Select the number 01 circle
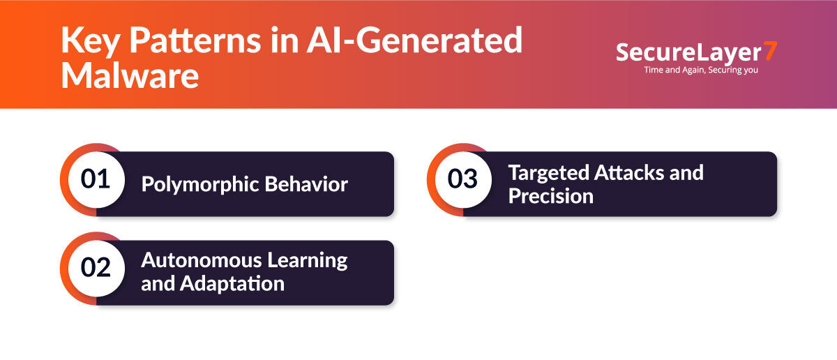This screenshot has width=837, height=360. point(96,179)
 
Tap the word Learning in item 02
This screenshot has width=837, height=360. point(306,261)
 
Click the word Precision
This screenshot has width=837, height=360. point(550,196)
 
